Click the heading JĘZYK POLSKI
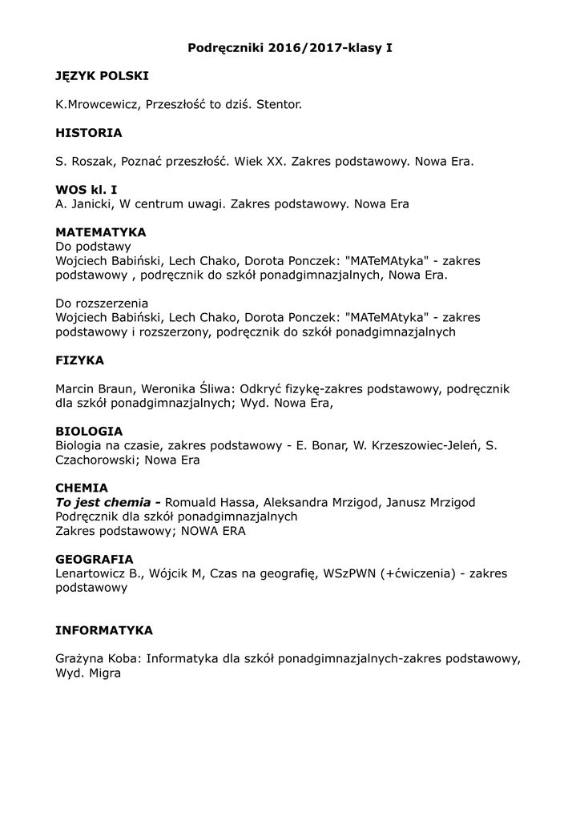point(102,76)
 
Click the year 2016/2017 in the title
point(298,48)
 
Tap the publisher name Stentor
point(280,105)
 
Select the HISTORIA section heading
point(89,133)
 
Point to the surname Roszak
point(91,162)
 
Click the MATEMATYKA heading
point(101,232)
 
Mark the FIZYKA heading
point(79,360)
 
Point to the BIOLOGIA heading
point(89,431)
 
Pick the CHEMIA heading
point(82,488)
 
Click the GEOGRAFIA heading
point(95,559)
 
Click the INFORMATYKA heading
point(104,630)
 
